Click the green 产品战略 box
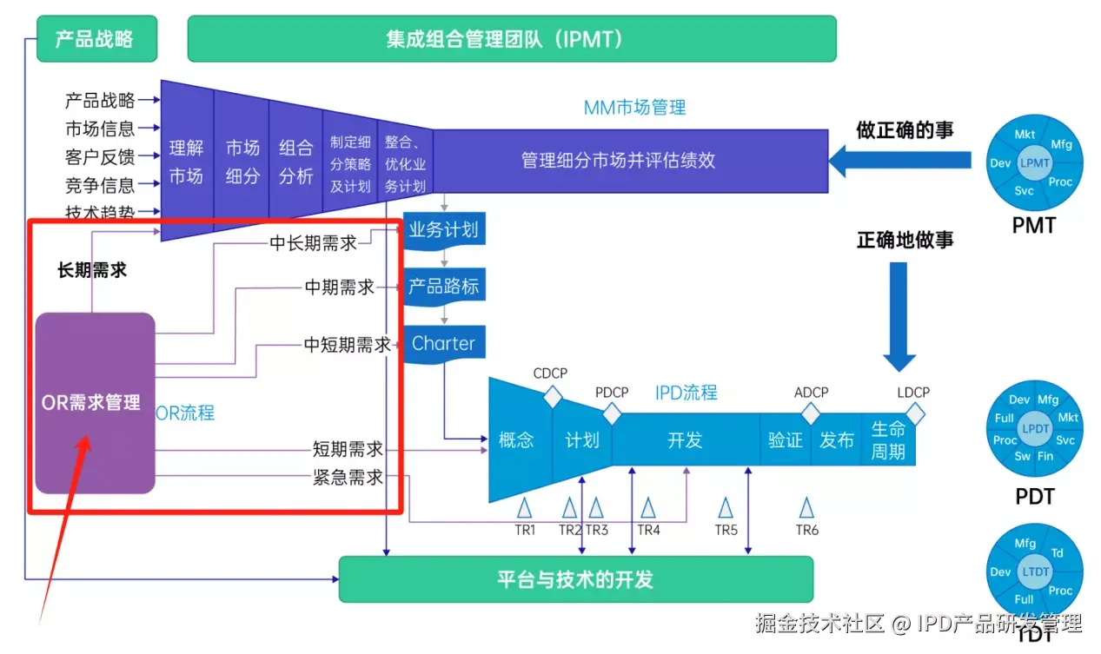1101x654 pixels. click(97, 39)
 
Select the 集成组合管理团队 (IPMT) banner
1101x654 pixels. click(511, 39)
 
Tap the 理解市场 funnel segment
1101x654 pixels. click(186, 162)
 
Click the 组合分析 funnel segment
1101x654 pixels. click(295, 162)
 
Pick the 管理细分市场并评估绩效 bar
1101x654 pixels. click(630, 161)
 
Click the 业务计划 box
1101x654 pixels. click(444, 230)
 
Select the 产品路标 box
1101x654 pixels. click(444, 286)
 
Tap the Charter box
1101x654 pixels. click(444, 343)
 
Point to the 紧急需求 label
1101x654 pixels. click(348, 478)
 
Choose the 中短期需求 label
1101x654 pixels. click(348, 345)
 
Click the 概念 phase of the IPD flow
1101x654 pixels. click(516, 439)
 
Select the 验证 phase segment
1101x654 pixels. click(786, 439)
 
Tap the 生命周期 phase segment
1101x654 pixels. click(888, 439)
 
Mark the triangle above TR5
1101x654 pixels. click(726, 508)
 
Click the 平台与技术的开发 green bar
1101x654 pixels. click(575, 579)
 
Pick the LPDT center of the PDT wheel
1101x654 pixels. click(1035, 429)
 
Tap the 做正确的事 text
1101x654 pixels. click(905, 130)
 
